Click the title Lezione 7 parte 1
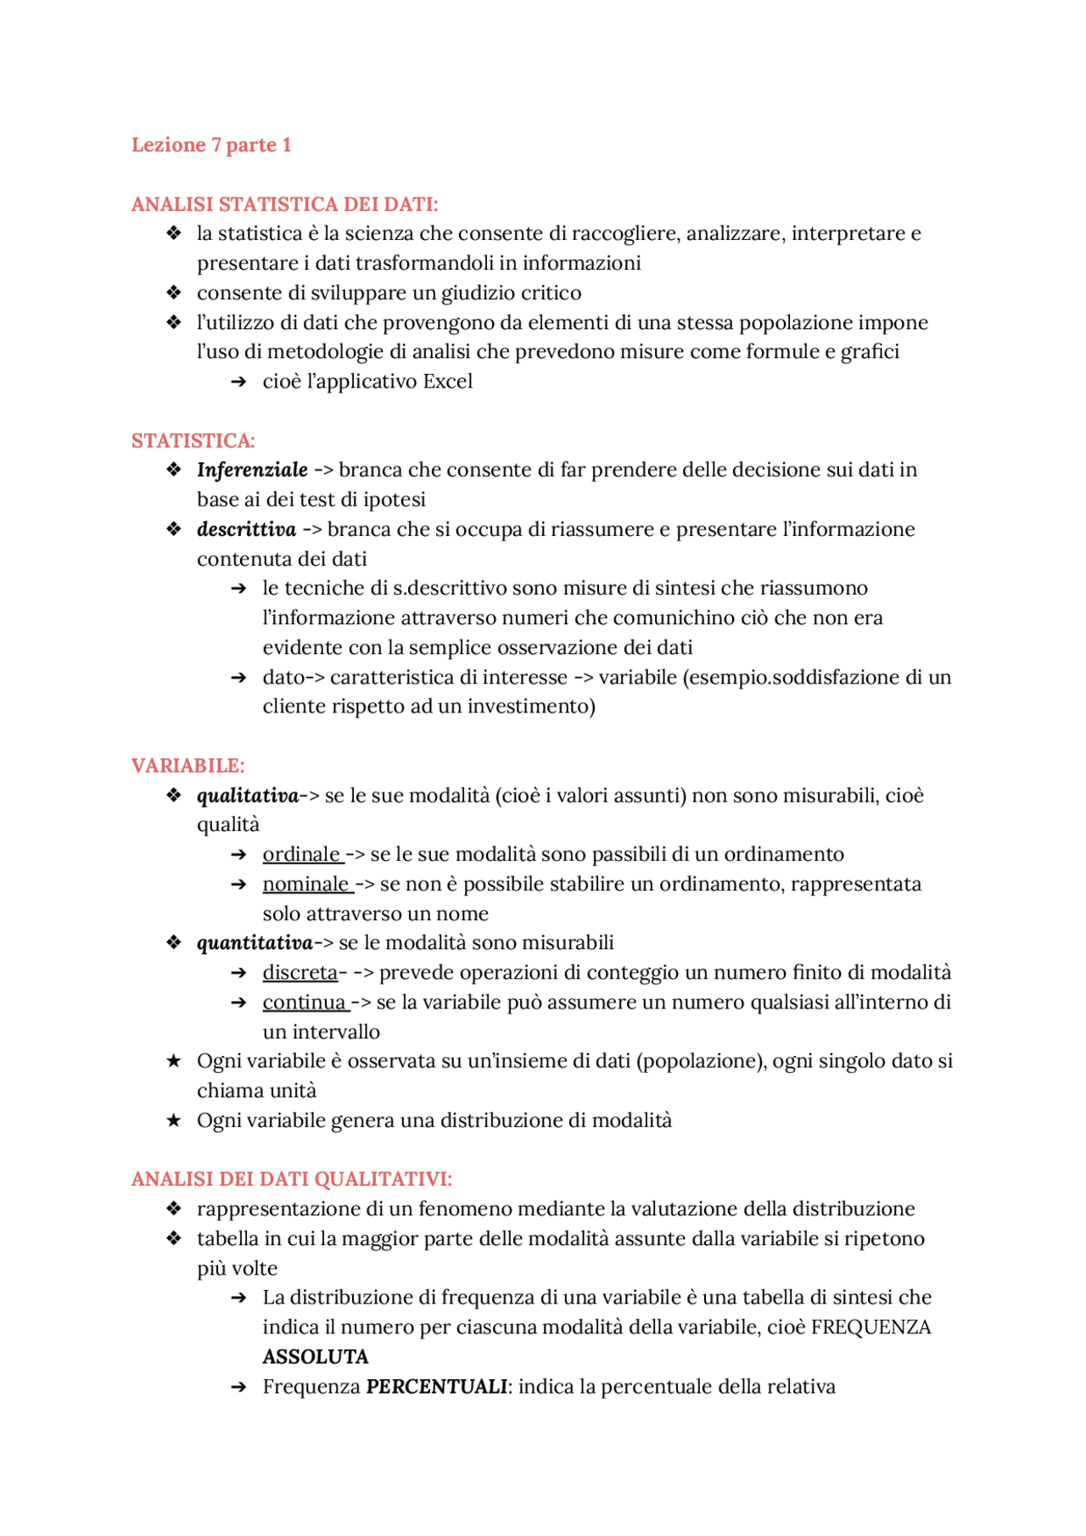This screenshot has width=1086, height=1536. [x=211, y=145]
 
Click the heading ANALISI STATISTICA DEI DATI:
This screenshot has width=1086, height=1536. [x=284, y=204]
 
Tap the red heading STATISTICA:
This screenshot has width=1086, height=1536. [x=193, y=441]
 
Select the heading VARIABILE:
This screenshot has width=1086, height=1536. [x=188, y=766]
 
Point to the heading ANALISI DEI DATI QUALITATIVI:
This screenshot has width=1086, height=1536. [x=291, y=1179]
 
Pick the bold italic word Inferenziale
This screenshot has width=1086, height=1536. [x=252, y=470]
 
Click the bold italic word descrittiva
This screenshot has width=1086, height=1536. [x=246, y=529]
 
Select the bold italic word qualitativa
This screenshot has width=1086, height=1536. [x=248, y=796]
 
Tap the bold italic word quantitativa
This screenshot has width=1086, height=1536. [x=255, y=943]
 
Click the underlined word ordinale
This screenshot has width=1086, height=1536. [x=300, y=854]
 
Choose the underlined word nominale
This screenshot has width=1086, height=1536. [x=305, y=884]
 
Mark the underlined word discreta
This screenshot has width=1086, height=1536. [x=299, y=973]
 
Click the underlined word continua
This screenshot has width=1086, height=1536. [x=304, y=1003]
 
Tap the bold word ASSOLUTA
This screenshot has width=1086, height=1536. [x=315, y=1357]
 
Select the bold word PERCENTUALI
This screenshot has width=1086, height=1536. [x=436, y=1387]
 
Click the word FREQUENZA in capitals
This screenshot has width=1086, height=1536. [x=870, y=1327]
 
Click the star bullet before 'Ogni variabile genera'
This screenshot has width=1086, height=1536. [x=174, y=1121]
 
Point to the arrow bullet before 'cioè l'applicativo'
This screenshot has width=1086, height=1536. [x=238, y=383]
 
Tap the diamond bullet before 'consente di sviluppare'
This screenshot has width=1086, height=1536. [x=174, y=293]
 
